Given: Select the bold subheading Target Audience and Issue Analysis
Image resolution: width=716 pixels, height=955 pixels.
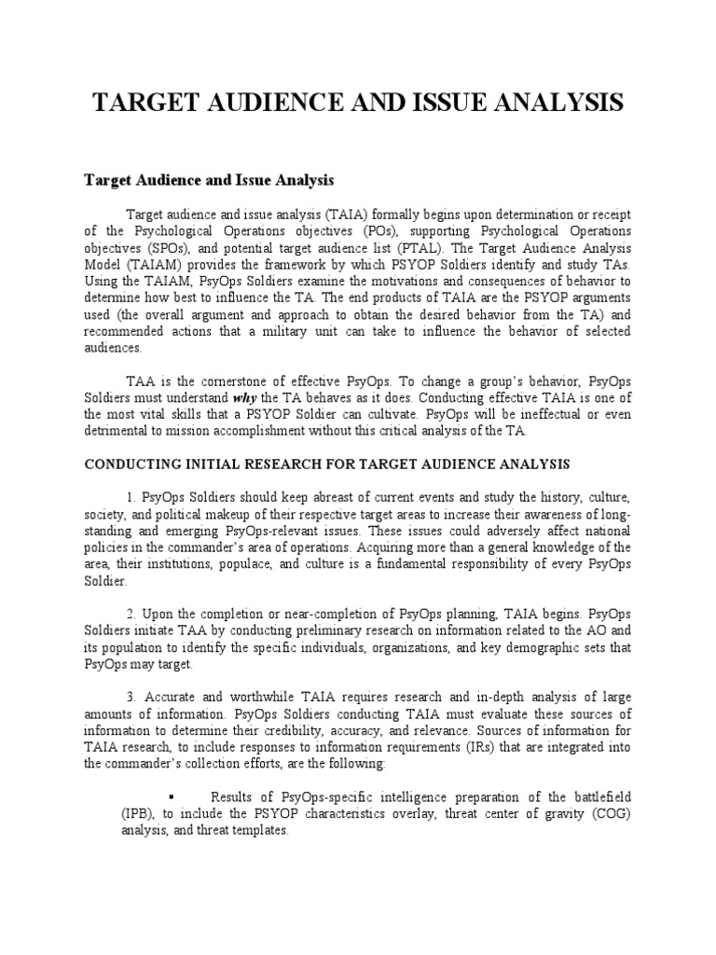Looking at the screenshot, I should click(x=209, y=178).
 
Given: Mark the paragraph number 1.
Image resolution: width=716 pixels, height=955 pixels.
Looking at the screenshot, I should click(x=130, y=497).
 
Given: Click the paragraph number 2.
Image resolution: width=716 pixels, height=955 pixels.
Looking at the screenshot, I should click(x=130, y=614).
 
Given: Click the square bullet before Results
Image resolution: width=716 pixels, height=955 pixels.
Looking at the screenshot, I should click(x=173, y=796).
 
